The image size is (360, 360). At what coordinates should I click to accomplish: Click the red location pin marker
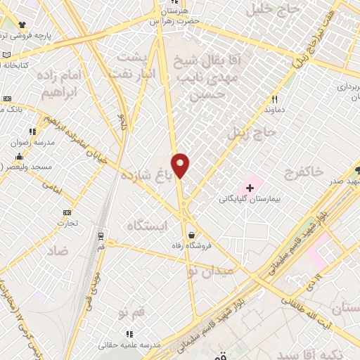pyautogui.click(x=181, y=165)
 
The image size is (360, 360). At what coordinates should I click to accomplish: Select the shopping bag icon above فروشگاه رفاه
pyautogui.click(x=191, y=235)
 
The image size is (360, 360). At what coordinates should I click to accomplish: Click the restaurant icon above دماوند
pyautogui.click(x=275, y=99)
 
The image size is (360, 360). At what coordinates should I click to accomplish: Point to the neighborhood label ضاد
pyautogui.click(x=59, y=250)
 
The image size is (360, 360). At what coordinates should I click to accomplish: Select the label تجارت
pyautogui.click(x=67, y=224)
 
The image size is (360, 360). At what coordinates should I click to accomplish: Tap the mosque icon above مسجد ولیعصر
pyautogui.click(x=18, y=156)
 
